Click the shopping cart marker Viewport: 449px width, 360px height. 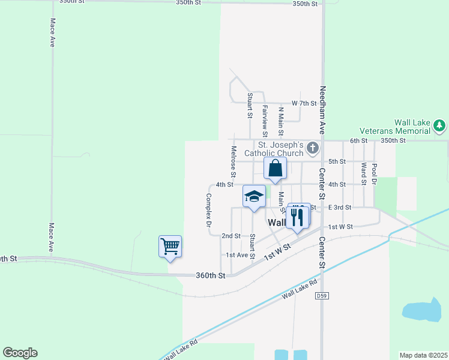pyautogui.click(x=170, y=246)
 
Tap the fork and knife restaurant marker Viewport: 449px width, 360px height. pyautogui.click(x=298, y=217)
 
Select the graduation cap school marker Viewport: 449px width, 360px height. pyautogui.click(x=254, y=196)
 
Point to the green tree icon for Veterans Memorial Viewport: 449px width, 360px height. pyautogui.click(x=440, y=125)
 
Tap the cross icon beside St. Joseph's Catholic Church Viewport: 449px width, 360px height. pyautogui.click(x=312, y=148)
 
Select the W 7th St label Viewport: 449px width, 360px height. pyautogui.click(x=304, y=103)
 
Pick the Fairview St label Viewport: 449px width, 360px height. pyautogui.click(x=265, y=120)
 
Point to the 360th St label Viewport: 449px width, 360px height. pyautogui.click(x=210, y=275)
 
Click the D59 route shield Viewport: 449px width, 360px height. pyautogui.click(x=323, y=296)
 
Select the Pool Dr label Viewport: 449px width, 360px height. pyautogui.click(x=375, y=173)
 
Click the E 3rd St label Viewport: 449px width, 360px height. pyautogui.click(x=339, y=207)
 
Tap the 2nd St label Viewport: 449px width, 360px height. pyautogui.click(x=231, y=236)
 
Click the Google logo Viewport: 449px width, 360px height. pyautogui.click(x=20, y=353)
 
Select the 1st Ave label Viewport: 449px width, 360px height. pyautogui.click(x=237, y=255)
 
